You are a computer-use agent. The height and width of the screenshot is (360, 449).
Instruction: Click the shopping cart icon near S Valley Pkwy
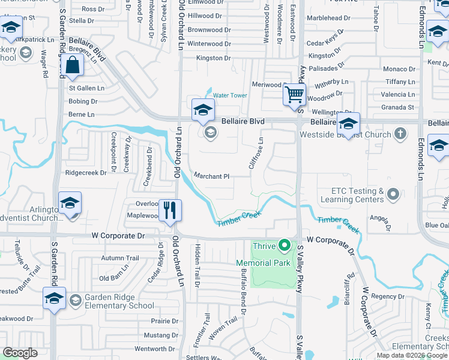coord(294,94)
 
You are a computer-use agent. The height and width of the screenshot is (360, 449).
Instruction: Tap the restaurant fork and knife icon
coord(170,210)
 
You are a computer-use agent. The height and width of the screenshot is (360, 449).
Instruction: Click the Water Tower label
coord(230,95)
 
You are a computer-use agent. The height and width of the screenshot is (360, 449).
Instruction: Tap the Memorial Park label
coord(263,263)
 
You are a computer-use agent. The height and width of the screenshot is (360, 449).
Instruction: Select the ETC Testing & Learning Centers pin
coord(393,194)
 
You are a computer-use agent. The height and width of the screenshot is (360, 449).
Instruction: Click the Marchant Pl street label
coord(211,176)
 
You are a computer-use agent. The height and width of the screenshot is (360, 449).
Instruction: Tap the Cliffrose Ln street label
coord(256,153)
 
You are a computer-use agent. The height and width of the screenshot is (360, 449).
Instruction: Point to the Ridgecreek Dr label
coord(85,172)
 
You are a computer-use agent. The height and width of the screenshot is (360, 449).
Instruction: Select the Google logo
coord(20,353)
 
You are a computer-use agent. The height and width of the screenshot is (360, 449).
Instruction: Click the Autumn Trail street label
coord(120,258)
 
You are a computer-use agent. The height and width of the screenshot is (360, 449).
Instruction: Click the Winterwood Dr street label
coord(209,44)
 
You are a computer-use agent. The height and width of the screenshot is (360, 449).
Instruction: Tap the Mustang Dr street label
coord(161,335)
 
